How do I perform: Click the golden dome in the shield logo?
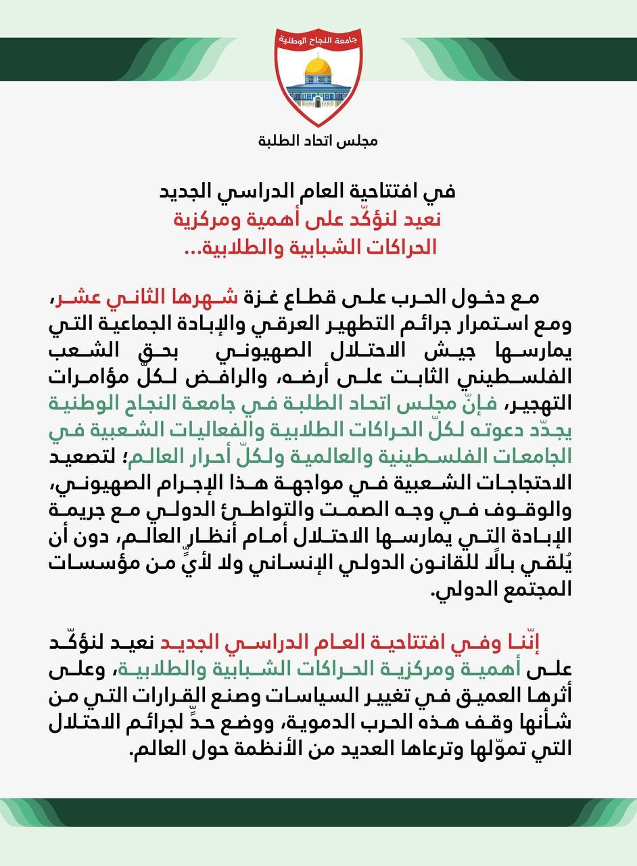click(318, 68)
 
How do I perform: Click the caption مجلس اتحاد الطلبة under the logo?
click(318, 141)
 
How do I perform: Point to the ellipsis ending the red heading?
click(196, 249)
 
